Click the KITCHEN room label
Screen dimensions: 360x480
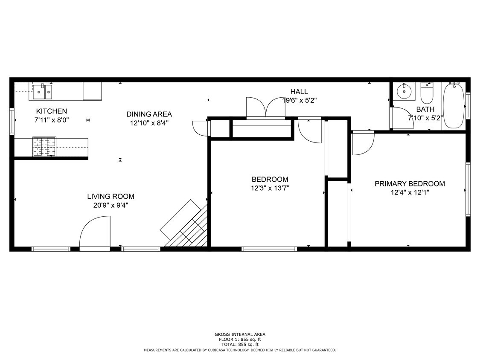tap(51, 111)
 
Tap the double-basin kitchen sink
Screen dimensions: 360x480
tap(43, 91)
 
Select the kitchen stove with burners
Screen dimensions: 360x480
tap(44, 147)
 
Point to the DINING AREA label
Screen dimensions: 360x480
tap(149, 114)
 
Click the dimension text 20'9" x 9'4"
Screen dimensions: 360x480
tap(111, 205)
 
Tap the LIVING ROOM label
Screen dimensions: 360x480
tap(111, 197)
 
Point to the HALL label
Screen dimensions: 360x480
tap(299, 92)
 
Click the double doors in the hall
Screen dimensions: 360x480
tap(265, 107)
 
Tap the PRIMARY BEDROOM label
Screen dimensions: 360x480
tap(410, 184)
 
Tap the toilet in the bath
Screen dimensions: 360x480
tap(427, 91)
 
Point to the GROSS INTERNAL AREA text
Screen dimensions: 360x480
tap(240, 334)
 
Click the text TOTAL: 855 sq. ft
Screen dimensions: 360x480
tap(240, 345)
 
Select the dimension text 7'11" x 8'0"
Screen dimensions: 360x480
tap(51, 120)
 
